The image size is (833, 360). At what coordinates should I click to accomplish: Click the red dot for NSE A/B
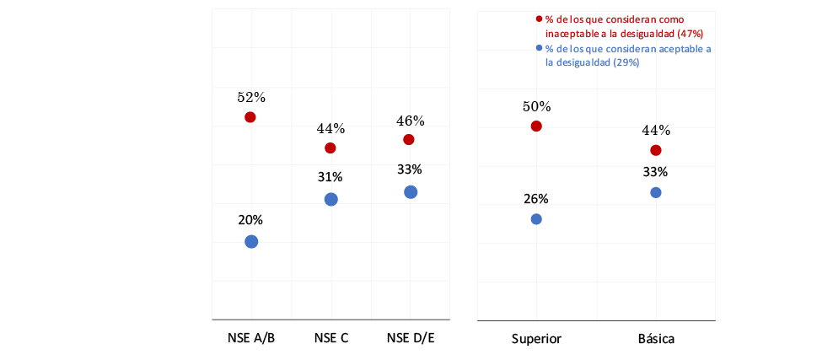(250, 117)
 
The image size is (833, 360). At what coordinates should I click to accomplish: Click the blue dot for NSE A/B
(251, 242)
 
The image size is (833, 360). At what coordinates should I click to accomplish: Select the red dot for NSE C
(331, 148)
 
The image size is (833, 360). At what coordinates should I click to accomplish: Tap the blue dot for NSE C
(331, 199)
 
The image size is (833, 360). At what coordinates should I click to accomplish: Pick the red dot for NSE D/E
(409, 139)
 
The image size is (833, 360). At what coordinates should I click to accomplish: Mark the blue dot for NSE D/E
(411, 192)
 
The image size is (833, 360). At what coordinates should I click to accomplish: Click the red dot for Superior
(536, 126)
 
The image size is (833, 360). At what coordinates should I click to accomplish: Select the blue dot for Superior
(536, 219)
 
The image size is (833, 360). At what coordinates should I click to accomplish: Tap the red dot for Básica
(656, 150)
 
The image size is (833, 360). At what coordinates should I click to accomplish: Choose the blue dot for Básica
(656, 192)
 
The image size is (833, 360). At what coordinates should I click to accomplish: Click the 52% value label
(250, 98)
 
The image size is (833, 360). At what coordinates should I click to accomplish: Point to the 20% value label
(250, 220)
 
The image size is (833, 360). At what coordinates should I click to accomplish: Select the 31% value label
(331, 177)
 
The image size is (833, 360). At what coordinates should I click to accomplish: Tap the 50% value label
(536, 107)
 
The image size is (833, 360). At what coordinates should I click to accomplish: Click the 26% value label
(536, 199)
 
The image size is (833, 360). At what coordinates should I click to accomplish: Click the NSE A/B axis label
(250, 338)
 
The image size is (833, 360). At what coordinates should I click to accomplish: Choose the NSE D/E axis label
(410, 338)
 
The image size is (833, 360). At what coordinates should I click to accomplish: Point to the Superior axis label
(536, 339)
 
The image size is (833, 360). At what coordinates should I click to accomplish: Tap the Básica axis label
(656, 339)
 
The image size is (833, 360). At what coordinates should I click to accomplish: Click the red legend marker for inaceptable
(540, 19)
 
